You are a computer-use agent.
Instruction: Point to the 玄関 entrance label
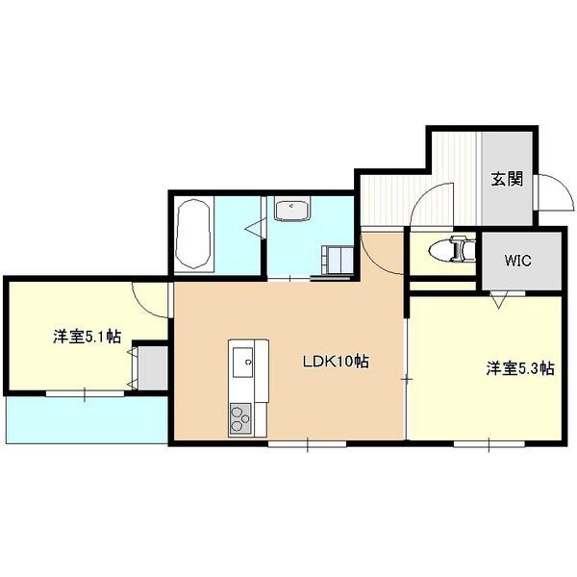(x=507, y=180)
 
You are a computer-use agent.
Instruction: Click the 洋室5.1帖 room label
(x=87, y=337)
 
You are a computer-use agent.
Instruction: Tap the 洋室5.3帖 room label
(x=519, y=367)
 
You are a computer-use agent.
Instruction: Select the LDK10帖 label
(x=337, y=363)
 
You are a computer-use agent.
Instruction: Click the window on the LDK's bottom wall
(x=307, y=443)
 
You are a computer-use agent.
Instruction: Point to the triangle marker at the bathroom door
(x=254, y=228)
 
